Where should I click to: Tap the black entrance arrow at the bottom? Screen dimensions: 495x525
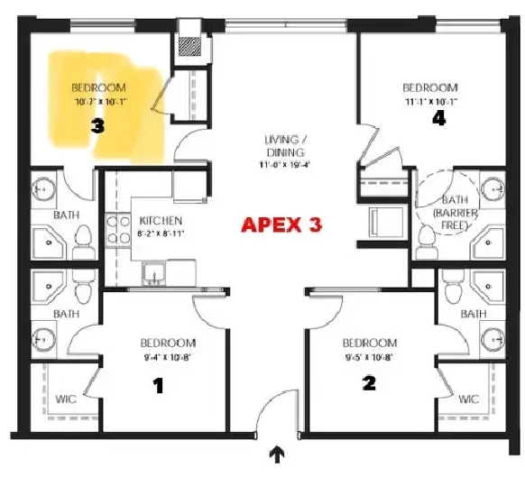pos(278,455)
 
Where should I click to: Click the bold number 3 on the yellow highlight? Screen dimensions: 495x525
pos(97,127)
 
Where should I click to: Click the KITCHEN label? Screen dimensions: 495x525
pos(161,221)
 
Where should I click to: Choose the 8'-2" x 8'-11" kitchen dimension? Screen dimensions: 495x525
pos(161,234)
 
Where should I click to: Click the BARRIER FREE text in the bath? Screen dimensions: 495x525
pos(451,219)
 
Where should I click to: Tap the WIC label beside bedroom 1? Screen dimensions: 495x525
pos(66,399)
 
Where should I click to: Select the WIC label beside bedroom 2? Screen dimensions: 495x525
pos(467,399)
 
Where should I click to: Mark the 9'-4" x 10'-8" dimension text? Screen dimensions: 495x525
pos(167,357)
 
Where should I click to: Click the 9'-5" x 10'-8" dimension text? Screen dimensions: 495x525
pos(368,357)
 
